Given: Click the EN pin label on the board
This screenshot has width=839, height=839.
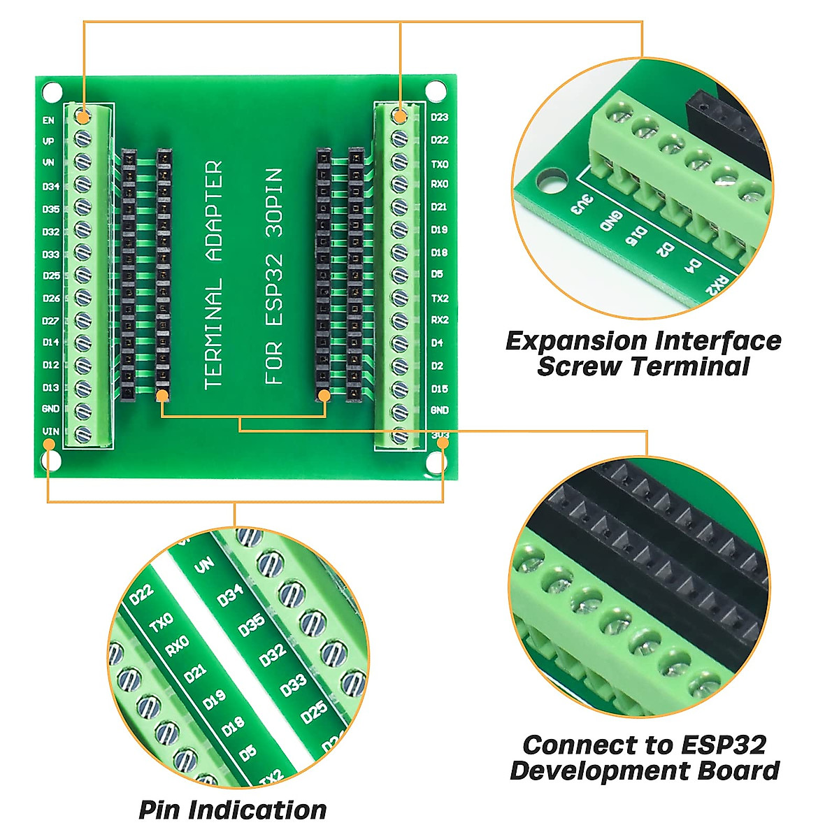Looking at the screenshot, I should pyautogui.click(x=48, y=120).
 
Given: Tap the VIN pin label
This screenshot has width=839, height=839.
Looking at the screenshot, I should pyautogui.click(x=50, y=431).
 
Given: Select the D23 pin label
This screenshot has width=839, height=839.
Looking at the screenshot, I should pyautogui.click(x=439, y=117).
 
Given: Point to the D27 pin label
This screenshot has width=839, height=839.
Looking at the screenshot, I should pyautogui.click(x=51, y=321).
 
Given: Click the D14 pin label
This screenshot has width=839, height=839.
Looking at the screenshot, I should pyautogui.click(x=51, y=343).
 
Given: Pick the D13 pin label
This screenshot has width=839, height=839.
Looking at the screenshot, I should pyautogui.click(x=51, y=387).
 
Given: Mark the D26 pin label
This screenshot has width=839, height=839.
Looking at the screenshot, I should pyautogui.click(x=51, y=298).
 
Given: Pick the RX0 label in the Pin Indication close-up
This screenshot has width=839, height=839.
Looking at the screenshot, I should pyautogui.click(x=177, y=647).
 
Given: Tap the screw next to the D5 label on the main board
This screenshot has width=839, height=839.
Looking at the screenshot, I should pyautogui.click(x=399, y=275).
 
